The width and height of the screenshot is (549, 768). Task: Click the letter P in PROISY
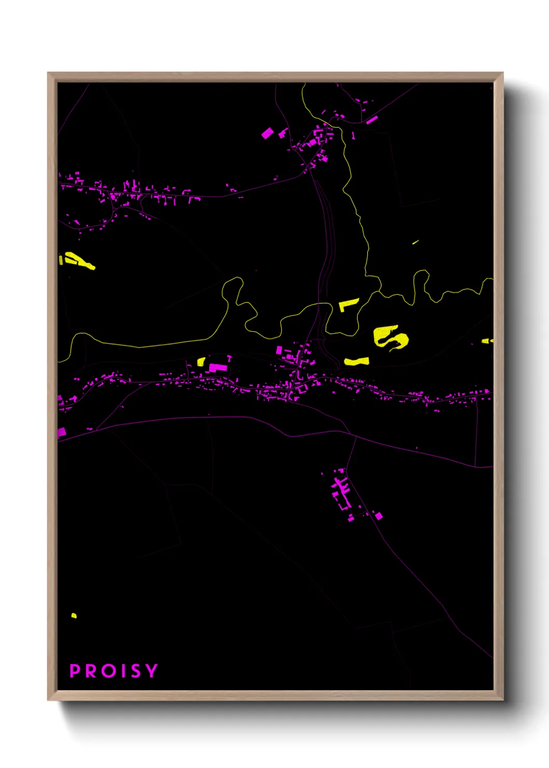tap(75, 670)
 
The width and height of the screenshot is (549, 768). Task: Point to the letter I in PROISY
tap(123, 670)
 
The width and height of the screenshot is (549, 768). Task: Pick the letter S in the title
tap(135, 670)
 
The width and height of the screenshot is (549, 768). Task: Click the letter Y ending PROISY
tap(151, 670)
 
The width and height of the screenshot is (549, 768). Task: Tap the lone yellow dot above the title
tap(74, 615)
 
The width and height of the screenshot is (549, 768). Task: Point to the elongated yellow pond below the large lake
tap(356, 361)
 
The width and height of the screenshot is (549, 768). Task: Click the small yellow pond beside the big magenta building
tap(201, 361)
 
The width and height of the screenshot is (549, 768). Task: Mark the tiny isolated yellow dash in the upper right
tap(415, 242)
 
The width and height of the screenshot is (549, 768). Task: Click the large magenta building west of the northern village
tap(267, 133)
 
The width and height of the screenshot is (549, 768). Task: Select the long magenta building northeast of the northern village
tap(372, 120)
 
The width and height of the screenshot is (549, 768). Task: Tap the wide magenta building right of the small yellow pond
tap(218, 367)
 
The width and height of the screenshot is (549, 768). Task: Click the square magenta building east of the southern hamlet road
tap(379, 516)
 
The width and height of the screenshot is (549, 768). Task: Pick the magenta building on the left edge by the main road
tap(61, 432)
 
